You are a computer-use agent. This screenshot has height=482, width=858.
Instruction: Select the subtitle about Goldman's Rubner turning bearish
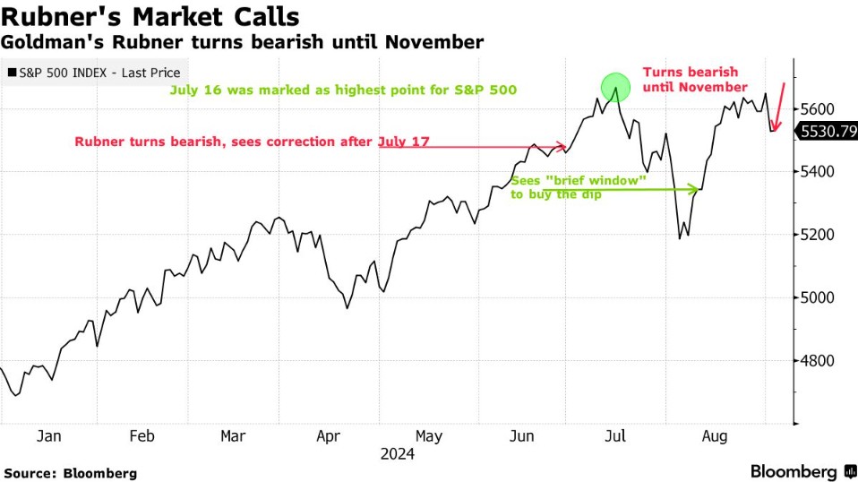tap(242, 42)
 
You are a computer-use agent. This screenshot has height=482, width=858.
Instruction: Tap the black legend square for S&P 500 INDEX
tap(10, 73)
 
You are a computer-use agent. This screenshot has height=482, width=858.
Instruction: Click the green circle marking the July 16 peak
tap(615, 87)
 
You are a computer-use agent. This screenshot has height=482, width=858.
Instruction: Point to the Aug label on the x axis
tap(713, 436)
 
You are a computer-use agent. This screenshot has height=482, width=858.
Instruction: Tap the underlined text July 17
tap(403, 142)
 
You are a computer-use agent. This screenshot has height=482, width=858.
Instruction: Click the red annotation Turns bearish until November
tap(695, 79)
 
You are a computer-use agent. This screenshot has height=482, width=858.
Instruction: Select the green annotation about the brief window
tap(579, 186)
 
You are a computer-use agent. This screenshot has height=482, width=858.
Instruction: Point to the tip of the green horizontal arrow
tap(698, 189)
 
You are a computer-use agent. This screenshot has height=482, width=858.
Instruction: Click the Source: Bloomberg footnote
tap(71, 472)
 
